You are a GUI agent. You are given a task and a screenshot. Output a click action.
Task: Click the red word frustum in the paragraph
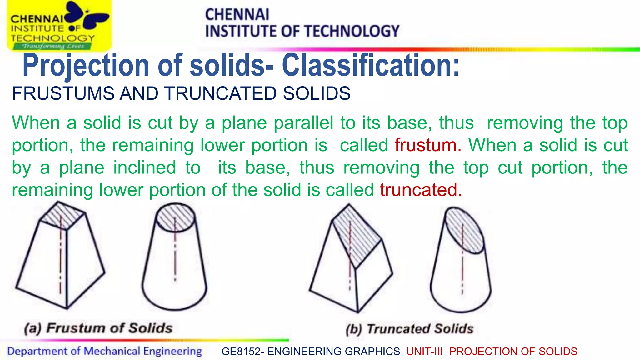427,146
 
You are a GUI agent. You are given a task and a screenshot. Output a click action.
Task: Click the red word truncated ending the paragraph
421,190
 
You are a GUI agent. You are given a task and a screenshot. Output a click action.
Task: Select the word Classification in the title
371,65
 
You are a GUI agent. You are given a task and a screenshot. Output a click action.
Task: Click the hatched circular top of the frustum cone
175,218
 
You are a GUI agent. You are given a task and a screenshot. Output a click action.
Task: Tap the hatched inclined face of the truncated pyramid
356,236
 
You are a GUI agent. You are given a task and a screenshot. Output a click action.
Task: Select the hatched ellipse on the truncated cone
464,230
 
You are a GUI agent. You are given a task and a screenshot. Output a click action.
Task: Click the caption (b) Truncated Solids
410,329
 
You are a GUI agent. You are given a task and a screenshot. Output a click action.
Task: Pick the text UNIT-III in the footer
425,352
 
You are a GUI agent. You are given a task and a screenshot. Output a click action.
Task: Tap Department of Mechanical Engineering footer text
105,351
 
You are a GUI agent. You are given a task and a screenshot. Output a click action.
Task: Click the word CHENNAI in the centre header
237,15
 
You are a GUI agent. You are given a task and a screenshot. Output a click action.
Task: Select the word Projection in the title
86,65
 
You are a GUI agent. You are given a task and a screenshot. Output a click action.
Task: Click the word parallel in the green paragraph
303,123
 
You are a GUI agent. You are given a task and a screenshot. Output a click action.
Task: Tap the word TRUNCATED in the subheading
221,93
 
